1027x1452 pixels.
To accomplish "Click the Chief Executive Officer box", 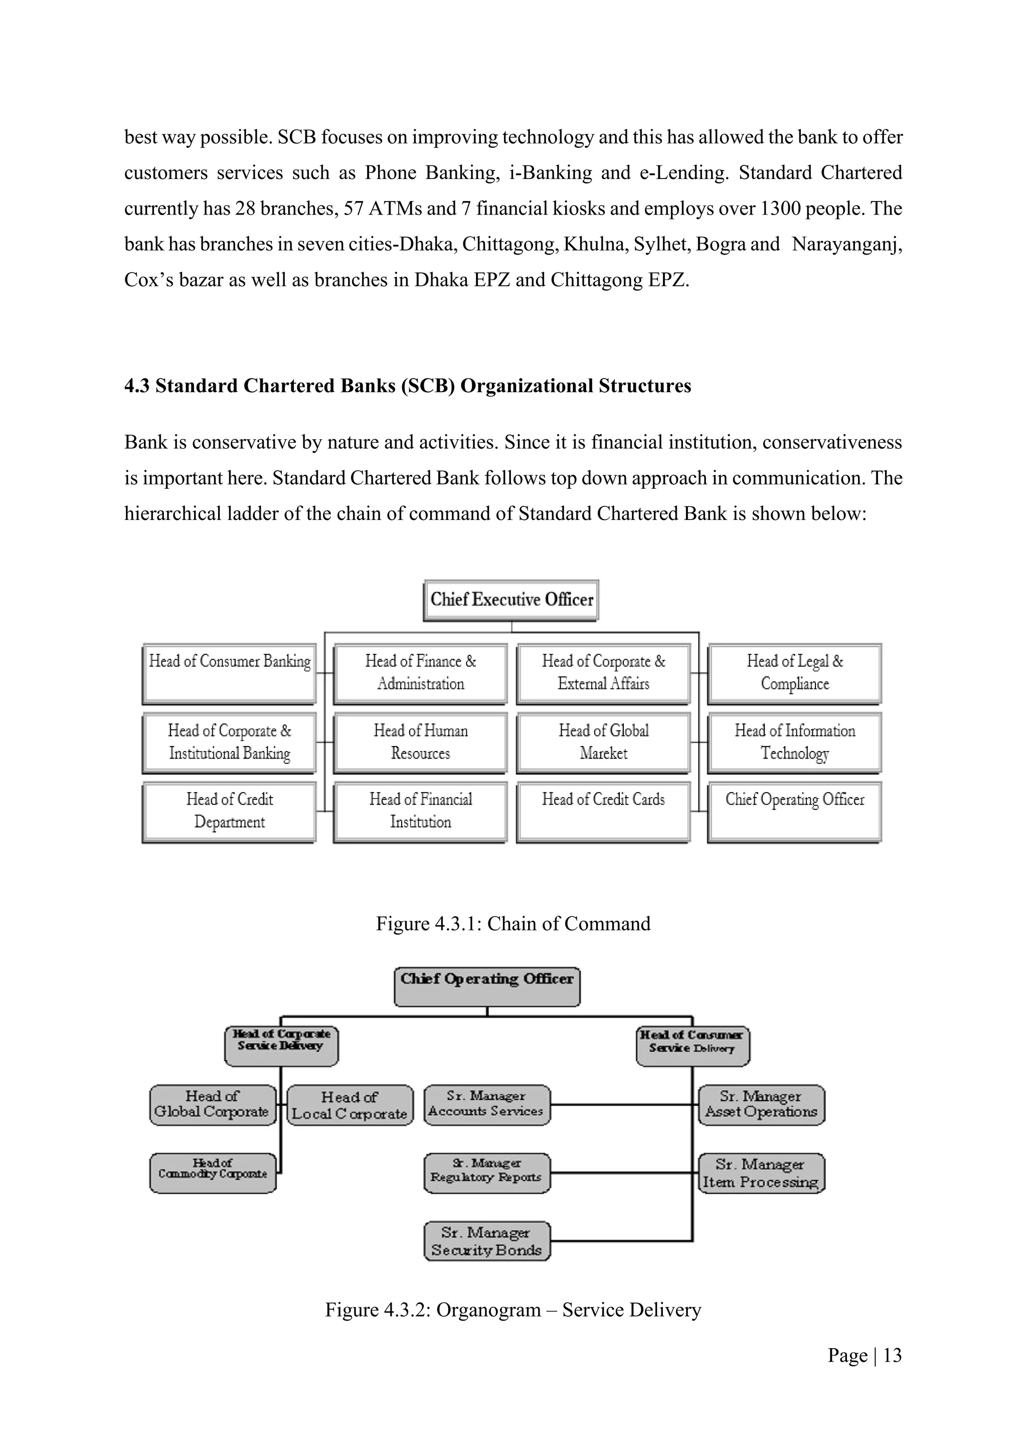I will coord(511,600).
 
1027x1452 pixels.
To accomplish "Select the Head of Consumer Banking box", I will coord(229,673).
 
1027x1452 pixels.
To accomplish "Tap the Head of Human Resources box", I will coord(420,743).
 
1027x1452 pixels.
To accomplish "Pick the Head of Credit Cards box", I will coord(603,811).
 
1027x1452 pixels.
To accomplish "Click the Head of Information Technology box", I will coord(794,743).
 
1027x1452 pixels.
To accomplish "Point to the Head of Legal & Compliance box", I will coord(794,673).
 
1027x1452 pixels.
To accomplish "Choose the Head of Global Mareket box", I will coord(603,743).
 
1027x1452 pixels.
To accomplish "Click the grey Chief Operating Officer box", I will coord(487,987).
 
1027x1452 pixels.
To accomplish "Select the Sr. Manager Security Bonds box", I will coord(487,1241).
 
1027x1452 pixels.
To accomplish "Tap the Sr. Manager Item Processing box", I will coord(761,1173).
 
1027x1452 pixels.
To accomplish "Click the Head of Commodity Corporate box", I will coord(213,1173).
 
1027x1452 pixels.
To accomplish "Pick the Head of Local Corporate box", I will coord(350,1106).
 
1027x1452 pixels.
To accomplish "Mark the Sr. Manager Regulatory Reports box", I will coord(487,1173).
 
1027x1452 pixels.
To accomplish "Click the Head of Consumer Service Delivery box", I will coord(693,1046).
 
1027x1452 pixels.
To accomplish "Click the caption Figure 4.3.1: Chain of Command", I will coord(513,924).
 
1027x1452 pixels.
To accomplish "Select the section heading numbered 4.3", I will coord(407,386).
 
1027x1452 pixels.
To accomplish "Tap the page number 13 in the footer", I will coord(892,1355).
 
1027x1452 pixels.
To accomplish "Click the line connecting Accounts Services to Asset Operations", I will coord(623,1105).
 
